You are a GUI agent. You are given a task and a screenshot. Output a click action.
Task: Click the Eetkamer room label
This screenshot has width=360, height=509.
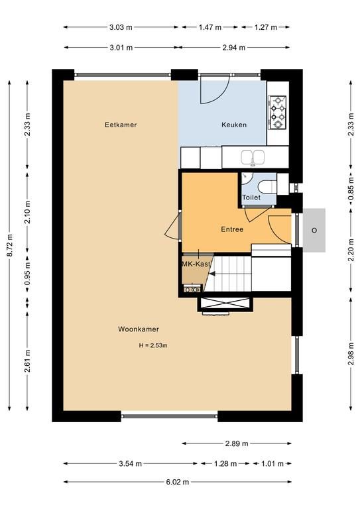pos(121,125)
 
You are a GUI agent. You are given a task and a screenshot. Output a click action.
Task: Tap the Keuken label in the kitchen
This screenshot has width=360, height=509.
pos(234,125)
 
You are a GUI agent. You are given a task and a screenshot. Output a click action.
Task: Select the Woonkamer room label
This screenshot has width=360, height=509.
pos(139,329)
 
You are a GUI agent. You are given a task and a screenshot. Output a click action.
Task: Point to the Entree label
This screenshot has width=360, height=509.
pos(232,229)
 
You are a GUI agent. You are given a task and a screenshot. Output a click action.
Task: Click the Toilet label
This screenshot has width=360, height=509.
pos(251,198)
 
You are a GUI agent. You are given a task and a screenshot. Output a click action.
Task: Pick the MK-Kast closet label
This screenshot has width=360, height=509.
pos(196,264)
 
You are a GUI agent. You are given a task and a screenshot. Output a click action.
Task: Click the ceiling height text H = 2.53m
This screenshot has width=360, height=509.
pos(153,345)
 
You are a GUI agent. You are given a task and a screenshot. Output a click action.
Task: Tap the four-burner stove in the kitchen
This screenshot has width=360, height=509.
pos(278,112)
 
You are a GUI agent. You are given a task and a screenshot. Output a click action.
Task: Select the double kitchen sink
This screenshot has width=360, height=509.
pos(253,157)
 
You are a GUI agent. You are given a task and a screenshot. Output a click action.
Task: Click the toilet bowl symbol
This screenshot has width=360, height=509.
pos(267,187)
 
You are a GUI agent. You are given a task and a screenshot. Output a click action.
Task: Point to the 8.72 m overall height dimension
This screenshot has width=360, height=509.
pos(10,245)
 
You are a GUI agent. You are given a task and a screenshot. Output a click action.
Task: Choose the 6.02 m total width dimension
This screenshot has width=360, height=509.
pos(178,482)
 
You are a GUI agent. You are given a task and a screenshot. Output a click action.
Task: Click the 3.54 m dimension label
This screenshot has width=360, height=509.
pos(131,463)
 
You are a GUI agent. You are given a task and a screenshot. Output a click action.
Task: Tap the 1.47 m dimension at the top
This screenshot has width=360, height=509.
pos(210,27)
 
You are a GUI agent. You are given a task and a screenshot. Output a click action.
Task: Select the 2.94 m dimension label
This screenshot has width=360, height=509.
pos(234,48)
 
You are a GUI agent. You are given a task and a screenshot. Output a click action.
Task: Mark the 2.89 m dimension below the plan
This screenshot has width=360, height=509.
pos(237,443)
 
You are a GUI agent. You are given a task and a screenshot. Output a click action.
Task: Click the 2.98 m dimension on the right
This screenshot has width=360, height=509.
pos(351,353)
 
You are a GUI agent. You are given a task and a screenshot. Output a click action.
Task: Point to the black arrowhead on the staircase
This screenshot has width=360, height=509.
pos(212,274)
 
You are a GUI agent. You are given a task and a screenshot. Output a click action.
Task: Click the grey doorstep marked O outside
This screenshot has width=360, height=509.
pos(314,230)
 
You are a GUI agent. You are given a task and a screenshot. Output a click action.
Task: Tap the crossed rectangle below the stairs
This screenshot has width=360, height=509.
pos(226,304)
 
